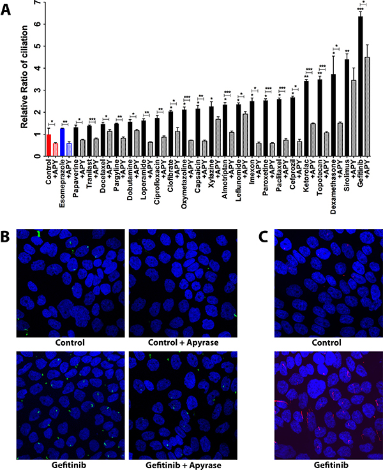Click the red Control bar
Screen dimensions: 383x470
(x=49, y=145)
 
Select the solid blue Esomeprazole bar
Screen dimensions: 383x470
(x=62, y=142)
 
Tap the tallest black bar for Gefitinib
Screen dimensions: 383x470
(x=361, y=86)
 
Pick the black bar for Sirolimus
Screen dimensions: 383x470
(x=347, y=108)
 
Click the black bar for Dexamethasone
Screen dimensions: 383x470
(x=333, y=115)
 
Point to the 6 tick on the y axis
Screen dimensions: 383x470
(x=36, y=24)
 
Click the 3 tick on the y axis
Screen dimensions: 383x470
(x=36, y=90)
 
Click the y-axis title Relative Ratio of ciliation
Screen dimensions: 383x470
(x=24, y=77)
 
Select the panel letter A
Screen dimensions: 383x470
(x=6, y=10)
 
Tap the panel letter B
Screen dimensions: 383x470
(x=5, y=237)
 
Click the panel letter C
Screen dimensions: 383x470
(x=263, y=237)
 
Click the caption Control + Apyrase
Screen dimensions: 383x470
(x=183, y=342)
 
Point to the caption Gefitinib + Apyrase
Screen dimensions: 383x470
(x=183, y=465)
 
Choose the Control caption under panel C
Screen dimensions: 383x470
(x=326, y=342)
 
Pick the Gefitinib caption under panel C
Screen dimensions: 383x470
(x=331, y=465)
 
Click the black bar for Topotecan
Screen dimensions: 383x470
(x=320, y=118)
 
